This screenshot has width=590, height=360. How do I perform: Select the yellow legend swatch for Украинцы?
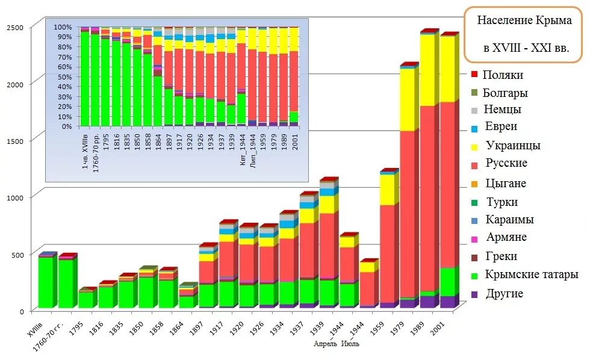point(474,146)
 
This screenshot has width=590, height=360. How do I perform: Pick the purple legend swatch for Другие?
point(474,294)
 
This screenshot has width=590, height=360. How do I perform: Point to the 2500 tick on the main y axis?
point(15,28)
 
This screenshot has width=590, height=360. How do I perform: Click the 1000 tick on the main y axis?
point(15,197)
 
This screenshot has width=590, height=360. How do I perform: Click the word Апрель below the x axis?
point(326,344)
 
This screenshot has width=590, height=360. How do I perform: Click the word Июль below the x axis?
point(350,344)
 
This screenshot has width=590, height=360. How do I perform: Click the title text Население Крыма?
point(524,20)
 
